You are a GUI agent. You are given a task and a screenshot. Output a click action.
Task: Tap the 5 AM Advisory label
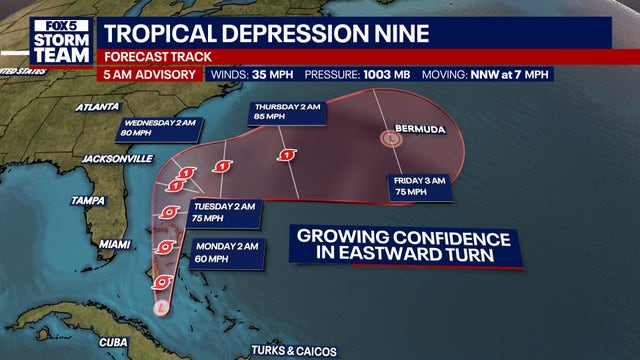click(x=149, y=74)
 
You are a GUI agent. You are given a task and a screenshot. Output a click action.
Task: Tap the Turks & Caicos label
click(x=294, y=350)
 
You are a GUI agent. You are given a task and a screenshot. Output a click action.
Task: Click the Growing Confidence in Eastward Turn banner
click(x=402, y=246)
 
